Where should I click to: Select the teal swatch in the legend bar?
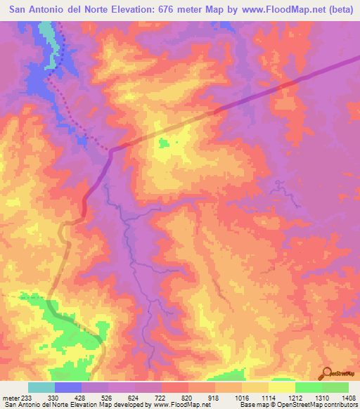coord(41,387)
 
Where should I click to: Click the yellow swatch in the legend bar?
coord(282,387)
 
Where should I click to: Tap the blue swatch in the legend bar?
coord(68,387)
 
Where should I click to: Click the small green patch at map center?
coord(164,143)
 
